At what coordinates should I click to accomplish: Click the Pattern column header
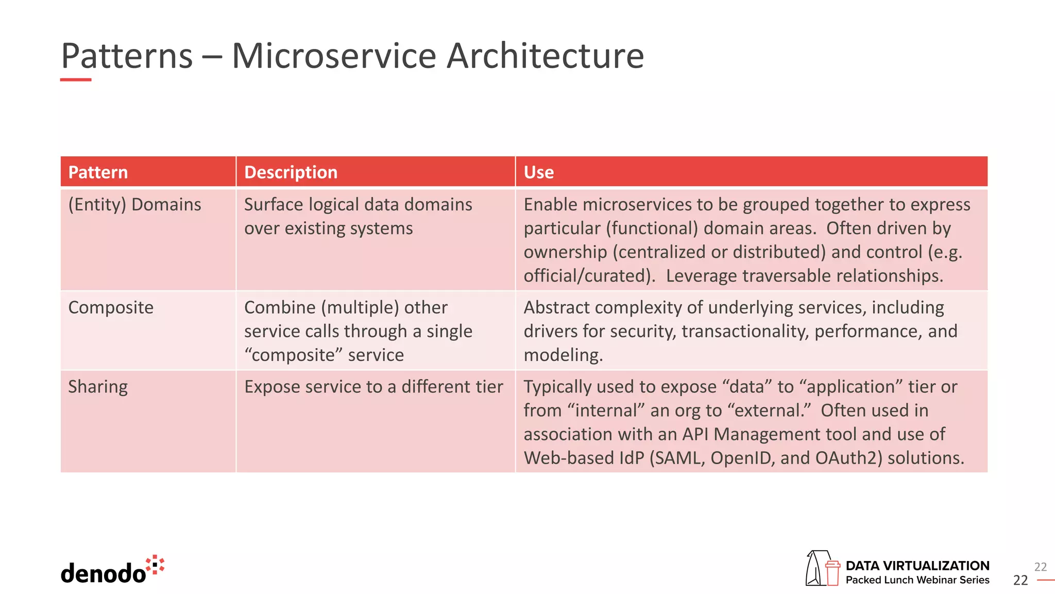coord(98,172)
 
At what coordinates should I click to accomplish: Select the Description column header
coord(291,172)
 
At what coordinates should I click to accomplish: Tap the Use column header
coord(538,172)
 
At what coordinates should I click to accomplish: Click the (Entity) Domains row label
coord(134,205)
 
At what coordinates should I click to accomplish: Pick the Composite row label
coord(111,308)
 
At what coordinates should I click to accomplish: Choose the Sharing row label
coord(98,387)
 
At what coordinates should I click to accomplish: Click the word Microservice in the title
coord(334,56)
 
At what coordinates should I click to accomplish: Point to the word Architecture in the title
coord(545,56)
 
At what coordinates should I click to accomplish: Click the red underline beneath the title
coord(76,80)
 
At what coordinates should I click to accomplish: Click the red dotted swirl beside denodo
coord(155,565)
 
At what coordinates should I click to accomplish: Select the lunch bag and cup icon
coord(822,568)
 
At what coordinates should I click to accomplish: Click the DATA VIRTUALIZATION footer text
coord(917,566)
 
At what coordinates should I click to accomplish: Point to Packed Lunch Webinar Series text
coord(917,580)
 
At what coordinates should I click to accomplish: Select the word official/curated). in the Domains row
coord(589,276)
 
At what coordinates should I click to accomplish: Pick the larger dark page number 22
coord(1020,581)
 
